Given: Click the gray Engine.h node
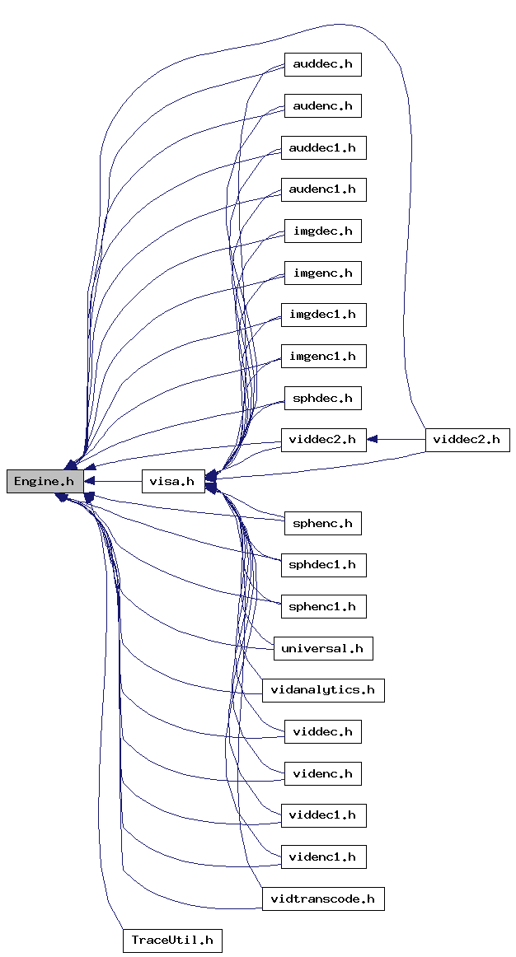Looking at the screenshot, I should pyautogui.click(x=45, y=482).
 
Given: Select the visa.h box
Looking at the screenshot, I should pyautogui.click(x=172, y=482).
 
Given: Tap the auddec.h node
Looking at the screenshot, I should pyautogui.click(x=322, y=64).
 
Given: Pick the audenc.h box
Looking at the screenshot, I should pyautogui.click(x=322, y=106).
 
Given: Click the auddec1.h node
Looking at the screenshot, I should pyautogui.click(x=322, y=148).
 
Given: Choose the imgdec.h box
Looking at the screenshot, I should pyautogui.click(x=322, y=231).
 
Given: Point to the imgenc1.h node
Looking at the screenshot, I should pyautogui.click(x=322, y=357).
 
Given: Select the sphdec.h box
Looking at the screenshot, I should pyautogui.click(x=322, y=399).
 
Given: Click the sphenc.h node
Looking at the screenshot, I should pyautogui.click(x=322, y=523).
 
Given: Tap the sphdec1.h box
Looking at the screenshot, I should pyautogui.click(x=322, y=565).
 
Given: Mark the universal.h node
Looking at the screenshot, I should pyautogui.click(x=322, y=648).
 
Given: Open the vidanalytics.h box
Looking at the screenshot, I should pyautogui.click(x=322, y=690).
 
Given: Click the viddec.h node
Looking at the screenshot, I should pyautogui.click(x=322, y=731).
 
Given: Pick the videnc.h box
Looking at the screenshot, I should pyautogui.click(x=322, y=773).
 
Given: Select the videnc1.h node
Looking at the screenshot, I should pyautogui.click(x=322, y=857).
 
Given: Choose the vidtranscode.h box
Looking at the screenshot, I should pyautogui.click(x=322, y=899).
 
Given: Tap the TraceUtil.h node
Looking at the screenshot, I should pyautogui.click(x=172, y=941).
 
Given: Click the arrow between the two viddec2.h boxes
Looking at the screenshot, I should pyautogui.click(x=396, y=440).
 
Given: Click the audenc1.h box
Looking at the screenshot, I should pyautogui.click(x=322, y=189).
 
